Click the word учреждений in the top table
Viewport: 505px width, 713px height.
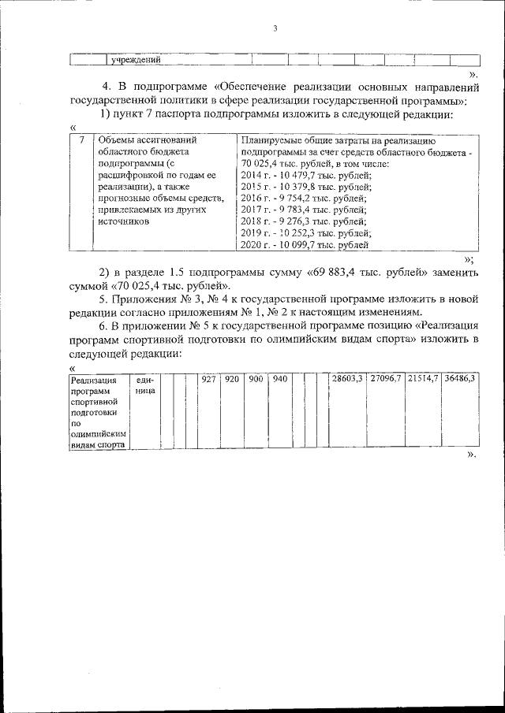[137, 60]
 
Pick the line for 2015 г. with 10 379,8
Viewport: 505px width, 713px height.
[303, 188]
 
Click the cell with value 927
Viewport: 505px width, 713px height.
[208, 380]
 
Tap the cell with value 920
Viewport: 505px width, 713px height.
[231, 380]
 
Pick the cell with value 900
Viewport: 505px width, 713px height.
[256, 380]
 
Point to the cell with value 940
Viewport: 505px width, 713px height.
[279, 380]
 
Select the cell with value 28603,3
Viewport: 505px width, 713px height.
[347, 380]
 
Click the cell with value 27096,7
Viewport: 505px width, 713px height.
[386, 380]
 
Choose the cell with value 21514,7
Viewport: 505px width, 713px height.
[423, 380]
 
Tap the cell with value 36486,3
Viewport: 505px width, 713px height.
[460, 380]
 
